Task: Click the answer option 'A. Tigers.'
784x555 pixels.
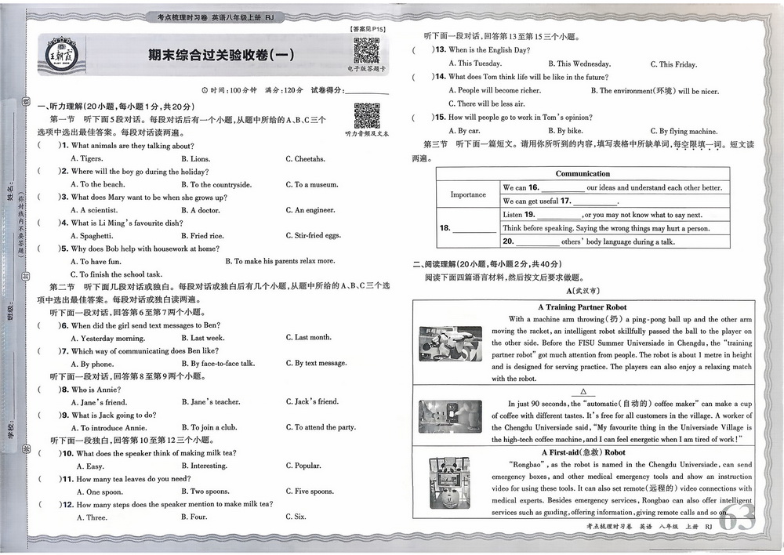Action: point(86,159)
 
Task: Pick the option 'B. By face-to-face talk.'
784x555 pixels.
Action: point(218,364)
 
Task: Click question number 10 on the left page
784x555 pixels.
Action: point(68,453)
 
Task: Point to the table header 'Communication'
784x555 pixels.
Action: point(583,174)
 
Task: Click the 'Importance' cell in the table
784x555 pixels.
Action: point(468,194)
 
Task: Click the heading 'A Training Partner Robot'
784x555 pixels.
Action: point(582,307)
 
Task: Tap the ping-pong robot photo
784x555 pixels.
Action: point(450,344)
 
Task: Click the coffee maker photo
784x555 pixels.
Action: point(450,416)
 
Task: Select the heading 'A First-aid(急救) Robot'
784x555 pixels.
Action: point(582,452)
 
